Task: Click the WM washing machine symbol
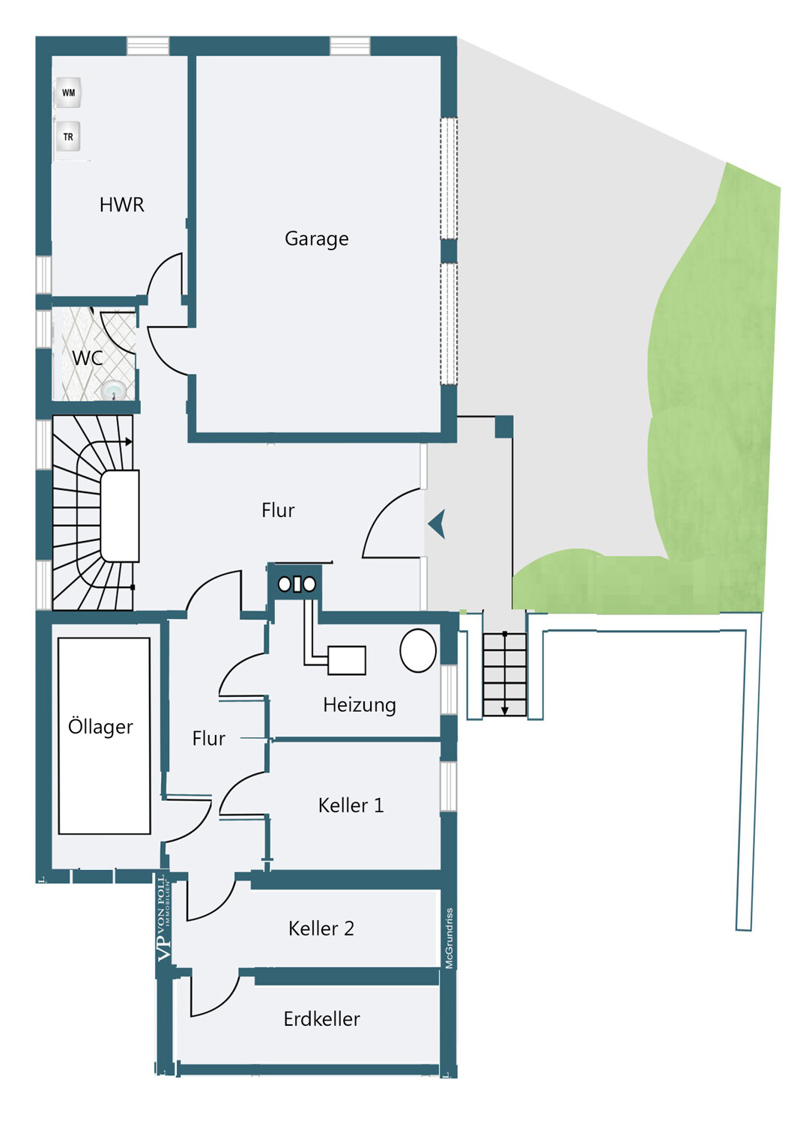(68, 92)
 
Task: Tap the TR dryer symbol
(67, 136)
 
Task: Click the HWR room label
(122, 205)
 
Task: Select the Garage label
(317, 239)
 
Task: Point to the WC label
(88, 357)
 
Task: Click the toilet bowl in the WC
(115, 390)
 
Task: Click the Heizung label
(359, 706)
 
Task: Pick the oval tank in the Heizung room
(418, 650)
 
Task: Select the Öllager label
(100, 727)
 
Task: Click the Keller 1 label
(351, 806)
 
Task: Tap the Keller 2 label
(321, 928)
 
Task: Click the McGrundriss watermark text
(449, 938)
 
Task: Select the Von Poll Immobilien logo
(164, 919)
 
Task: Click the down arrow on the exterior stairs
(505, 674)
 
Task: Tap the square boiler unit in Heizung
(347, 660)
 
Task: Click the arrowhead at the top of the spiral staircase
(129, 441)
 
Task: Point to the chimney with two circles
(297, 584)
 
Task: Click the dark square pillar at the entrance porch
(503, 427)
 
